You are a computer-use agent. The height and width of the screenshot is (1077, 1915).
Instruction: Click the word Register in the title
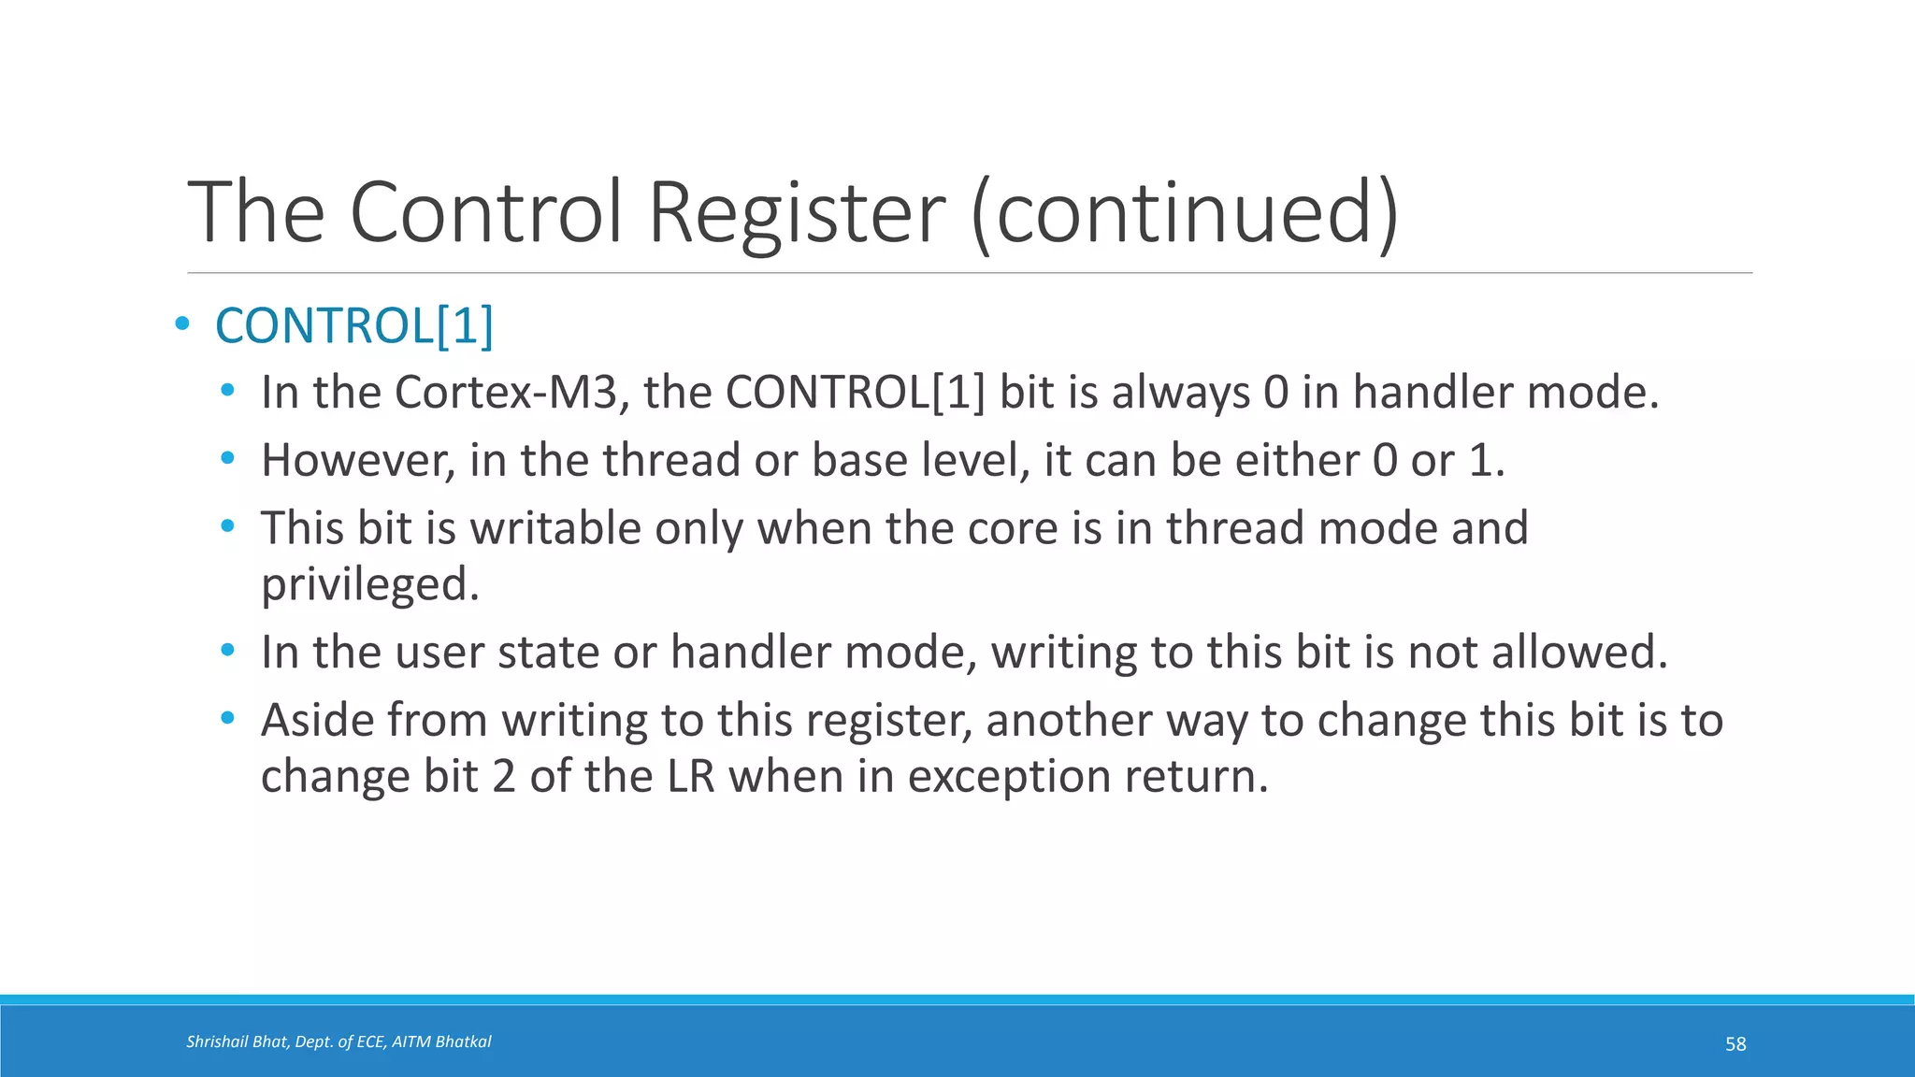point(796,213)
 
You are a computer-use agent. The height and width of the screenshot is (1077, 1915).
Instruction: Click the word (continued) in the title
point(1185,213)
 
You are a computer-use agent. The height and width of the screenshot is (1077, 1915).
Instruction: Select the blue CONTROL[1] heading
point(354,326)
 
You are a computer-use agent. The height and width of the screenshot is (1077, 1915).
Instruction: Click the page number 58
point(1735,1044)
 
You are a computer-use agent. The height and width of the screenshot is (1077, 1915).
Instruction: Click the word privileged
point(369,585)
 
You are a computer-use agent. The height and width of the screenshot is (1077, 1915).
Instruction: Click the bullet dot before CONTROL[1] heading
point(182,325)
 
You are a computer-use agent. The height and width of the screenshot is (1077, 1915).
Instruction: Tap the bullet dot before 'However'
point(227,459)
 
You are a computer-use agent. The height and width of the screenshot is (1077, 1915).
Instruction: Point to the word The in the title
point(256,213)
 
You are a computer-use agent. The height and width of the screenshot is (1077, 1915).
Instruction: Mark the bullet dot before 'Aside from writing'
point(227,719)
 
